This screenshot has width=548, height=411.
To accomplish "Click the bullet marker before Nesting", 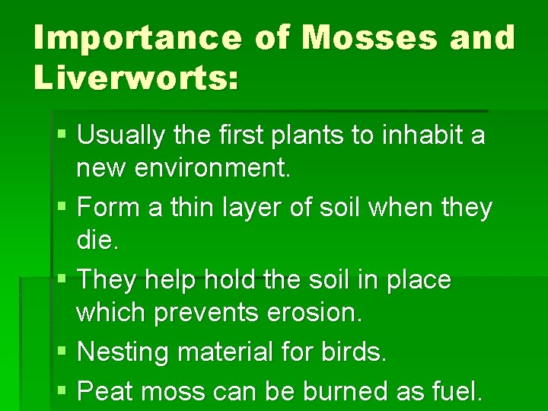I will click(x=62, y=352).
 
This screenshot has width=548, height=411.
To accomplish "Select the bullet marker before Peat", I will click(x=62, y=392).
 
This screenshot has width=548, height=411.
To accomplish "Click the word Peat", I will click(x=106, y=391).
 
